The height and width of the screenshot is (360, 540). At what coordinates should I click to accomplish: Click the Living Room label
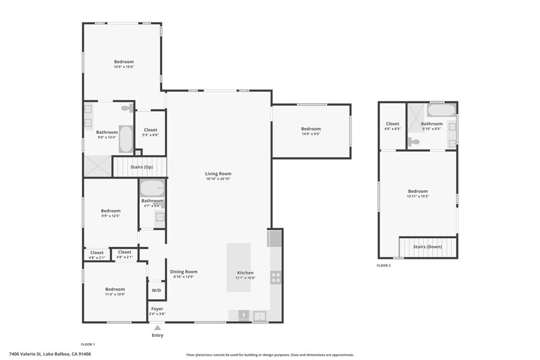click(218, 174)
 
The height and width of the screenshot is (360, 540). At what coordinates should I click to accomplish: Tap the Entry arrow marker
click(157, 328)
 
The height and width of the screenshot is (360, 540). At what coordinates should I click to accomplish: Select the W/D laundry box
click(157, 290)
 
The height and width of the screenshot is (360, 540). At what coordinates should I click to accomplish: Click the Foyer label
click(157, 309)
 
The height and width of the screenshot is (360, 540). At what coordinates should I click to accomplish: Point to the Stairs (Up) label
click(141, 167)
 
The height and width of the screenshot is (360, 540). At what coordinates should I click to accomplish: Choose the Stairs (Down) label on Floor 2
click(427, 247)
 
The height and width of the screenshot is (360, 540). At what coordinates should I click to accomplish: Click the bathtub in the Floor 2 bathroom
click(441, 111)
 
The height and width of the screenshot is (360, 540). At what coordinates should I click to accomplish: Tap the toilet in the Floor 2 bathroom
click(414, 141)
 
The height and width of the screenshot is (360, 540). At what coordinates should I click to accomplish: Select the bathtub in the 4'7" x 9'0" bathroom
click(152, 188)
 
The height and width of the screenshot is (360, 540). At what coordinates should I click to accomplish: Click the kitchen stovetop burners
click(276, 277)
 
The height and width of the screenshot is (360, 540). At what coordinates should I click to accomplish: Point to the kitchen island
click(239, 267)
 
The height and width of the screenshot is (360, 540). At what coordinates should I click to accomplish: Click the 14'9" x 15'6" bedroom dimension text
click(123, 67)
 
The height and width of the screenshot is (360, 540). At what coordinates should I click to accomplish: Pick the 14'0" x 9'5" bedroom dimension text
click(311, 134)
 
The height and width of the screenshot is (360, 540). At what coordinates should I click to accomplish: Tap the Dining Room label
click(184, 272)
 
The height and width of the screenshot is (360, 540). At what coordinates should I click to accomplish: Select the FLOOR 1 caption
click(88, 344)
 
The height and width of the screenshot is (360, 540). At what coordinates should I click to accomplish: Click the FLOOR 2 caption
click(383, 266)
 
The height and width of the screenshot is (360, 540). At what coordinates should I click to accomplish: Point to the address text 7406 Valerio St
click(50, 354)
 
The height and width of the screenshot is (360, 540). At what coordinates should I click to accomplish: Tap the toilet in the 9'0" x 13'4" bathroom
click(127, 108)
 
